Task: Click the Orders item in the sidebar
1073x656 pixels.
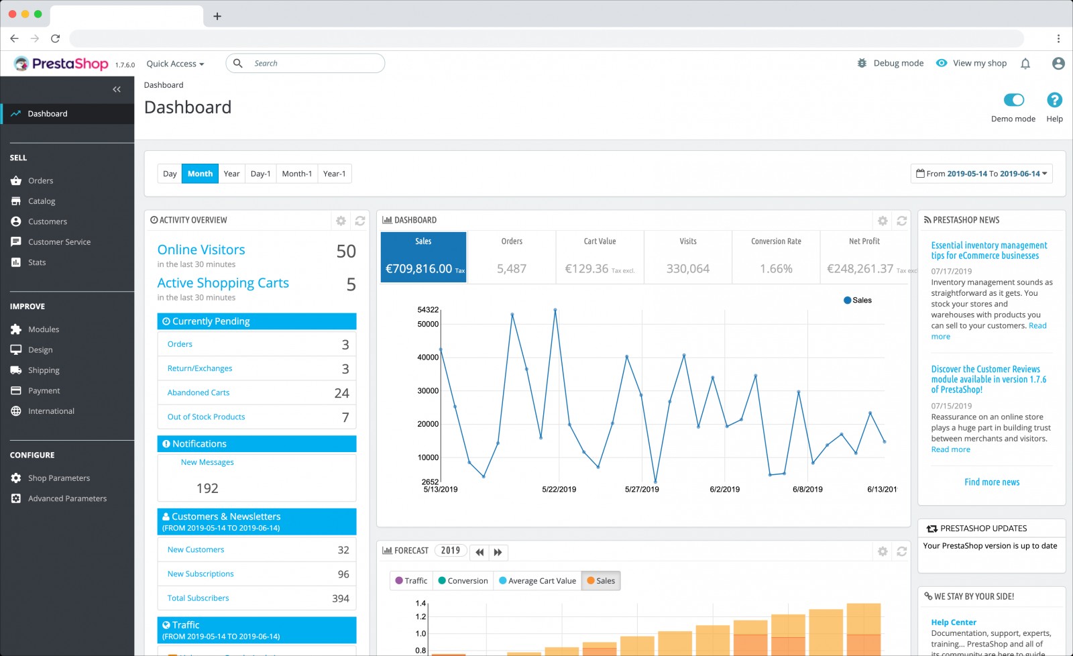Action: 40,180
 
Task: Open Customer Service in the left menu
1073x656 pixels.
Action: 59,242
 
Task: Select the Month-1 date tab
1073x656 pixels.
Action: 296,174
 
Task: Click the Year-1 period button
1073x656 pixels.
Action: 334,174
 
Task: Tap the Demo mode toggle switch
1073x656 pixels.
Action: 1013,100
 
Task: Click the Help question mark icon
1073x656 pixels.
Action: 1054,100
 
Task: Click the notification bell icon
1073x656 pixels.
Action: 1025,64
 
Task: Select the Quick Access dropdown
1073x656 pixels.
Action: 175,64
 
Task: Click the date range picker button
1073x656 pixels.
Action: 981,174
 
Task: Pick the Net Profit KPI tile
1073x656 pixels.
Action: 864,256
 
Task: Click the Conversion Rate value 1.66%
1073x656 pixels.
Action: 776,269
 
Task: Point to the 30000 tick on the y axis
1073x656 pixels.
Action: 428,391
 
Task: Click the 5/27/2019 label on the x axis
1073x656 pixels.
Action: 642,490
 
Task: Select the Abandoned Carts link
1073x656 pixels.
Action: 199,393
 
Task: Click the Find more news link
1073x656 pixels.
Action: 992,482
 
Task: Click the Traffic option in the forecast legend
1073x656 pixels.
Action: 411,581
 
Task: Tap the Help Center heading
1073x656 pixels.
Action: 954,622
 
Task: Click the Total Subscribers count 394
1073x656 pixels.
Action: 341,598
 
